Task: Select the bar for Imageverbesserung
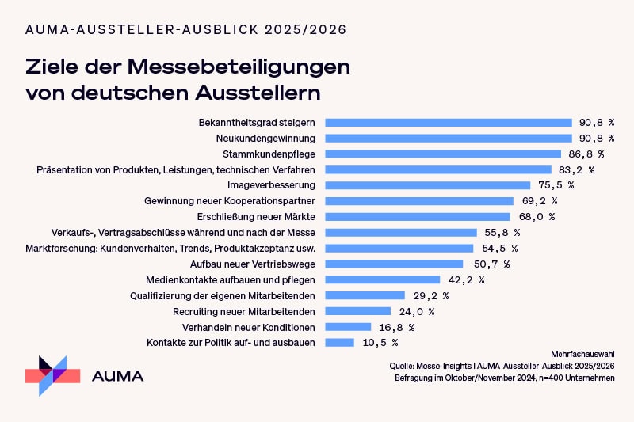pyautogui.click(x=424, y=185)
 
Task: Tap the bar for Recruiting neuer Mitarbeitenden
pyautogui.click(x=358, y=311)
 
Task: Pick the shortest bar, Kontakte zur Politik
pyautogui.click(x=340, y=342)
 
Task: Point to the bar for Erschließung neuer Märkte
pyautogui.click(x=418, y=216)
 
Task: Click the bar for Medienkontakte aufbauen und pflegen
pyautogui.click(x=383, y=279)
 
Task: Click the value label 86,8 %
pyautogui.click(x=586, y=154)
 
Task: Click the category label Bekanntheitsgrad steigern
pyautogui.click(x=258, y=123)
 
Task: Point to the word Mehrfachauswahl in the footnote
pyautogui.click(x=582, y=353)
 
